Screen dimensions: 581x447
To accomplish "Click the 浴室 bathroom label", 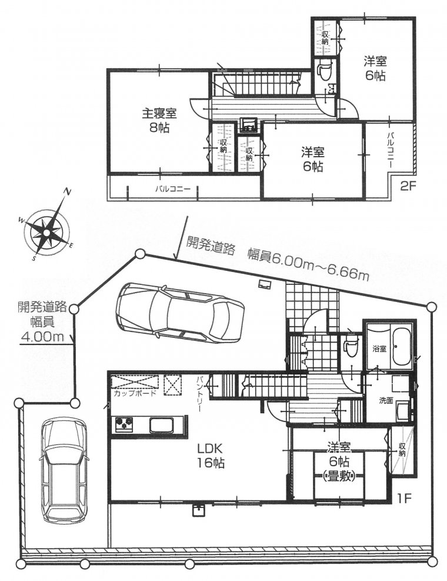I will click(379, 348).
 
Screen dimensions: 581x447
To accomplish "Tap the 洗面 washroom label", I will click(386, 401).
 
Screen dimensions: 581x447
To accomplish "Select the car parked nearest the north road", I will click(179, 311).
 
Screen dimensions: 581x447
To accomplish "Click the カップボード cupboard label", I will click(135, 394).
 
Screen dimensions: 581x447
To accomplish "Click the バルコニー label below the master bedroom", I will click(173, 189).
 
